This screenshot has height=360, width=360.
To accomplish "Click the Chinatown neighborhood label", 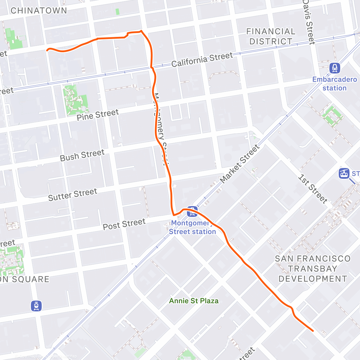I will [39, 11].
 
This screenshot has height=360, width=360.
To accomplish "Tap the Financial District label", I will [271, 36].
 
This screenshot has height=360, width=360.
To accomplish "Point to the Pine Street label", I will [97, 115].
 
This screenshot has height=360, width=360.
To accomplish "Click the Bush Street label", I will [82, 155].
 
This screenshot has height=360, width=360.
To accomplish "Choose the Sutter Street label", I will [73, 195].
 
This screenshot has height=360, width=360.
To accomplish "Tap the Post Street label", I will [124, 224].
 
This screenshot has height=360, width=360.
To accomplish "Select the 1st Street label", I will [313, 189].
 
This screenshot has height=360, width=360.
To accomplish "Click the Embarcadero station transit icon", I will [334, 68].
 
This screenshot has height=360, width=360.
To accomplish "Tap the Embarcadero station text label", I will [334, 84].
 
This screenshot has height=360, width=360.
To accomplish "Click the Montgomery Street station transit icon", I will [192, 212].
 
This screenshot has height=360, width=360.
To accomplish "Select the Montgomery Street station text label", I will [192, 227].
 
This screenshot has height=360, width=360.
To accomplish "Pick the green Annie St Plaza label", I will [194, 301].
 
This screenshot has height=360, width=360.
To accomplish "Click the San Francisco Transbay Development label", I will [313, 268].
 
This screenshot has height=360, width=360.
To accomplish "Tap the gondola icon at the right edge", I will [344, 173].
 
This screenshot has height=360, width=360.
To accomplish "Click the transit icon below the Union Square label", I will [36, 306].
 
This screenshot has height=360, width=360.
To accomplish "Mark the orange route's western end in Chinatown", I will [47, 50].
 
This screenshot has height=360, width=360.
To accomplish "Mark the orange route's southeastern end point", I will [313, 331].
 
